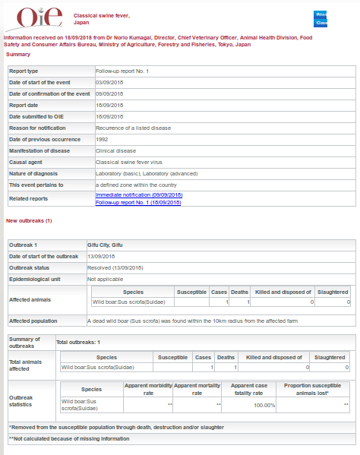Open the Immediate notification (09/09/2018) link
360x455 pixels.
click(139, 195)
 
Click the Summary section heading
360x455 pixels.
click(18, 54)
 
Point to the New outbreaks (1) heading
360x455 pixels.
click(29, 220)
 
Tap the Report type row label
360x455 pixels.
click(24, 71)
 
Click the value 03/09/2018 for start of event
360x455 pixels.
click(109, 82)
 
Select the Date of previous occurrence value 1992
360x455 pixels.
click(102, 139)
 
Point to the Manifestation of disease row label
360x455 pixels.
click(39, 150)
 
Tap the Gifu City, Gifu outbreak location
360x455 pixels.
click(106, 245)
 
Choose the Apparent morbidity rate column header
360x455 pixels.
click(149, 389)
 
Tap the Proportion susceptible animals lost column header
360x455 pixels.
click(313, 389)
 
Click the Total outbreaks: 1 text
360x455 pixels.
click(78, 343)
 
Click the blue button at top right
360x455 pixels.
click(321, 18)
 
